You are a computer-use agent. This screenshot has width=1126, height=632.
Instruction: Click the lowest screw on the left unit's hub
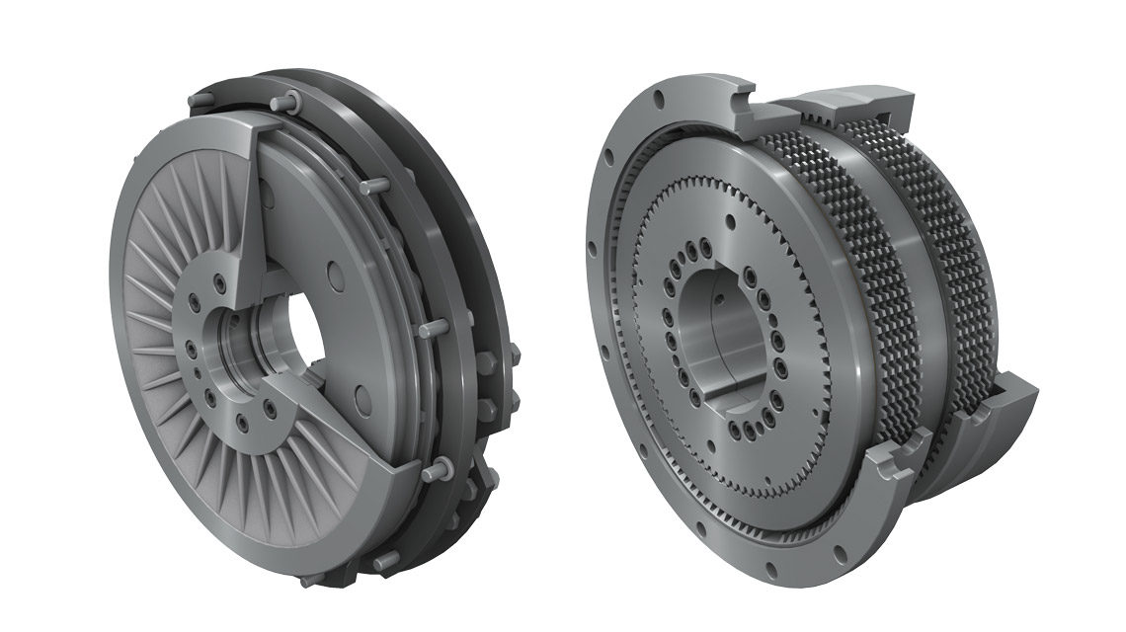[x=242, y=424]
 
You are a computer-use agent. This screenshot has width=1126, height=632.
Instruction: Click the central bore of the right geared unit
[x=731, y=336]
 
